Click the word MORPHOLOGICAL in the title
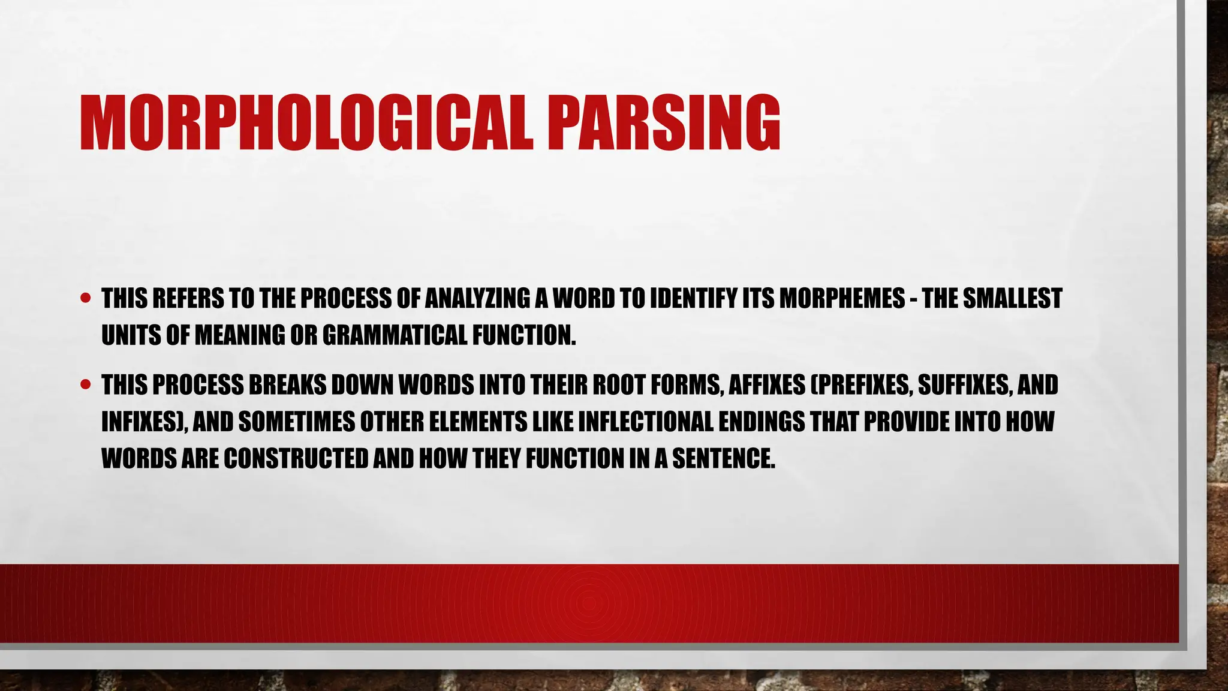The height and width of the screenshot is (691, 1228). (x=306, y=124)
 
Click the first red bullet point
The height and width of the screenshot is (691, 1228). (x=86, y=298)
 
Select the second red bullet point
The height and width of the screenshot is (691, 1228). (x=86, y=384)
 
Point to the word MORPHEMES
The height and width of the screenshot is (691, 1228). (x=842, y=298)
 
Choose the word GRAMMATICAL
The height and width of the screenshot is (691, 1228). (x=395, y=335)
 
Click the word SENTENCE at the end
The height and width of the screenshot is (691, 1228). (x=723, y=459)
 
